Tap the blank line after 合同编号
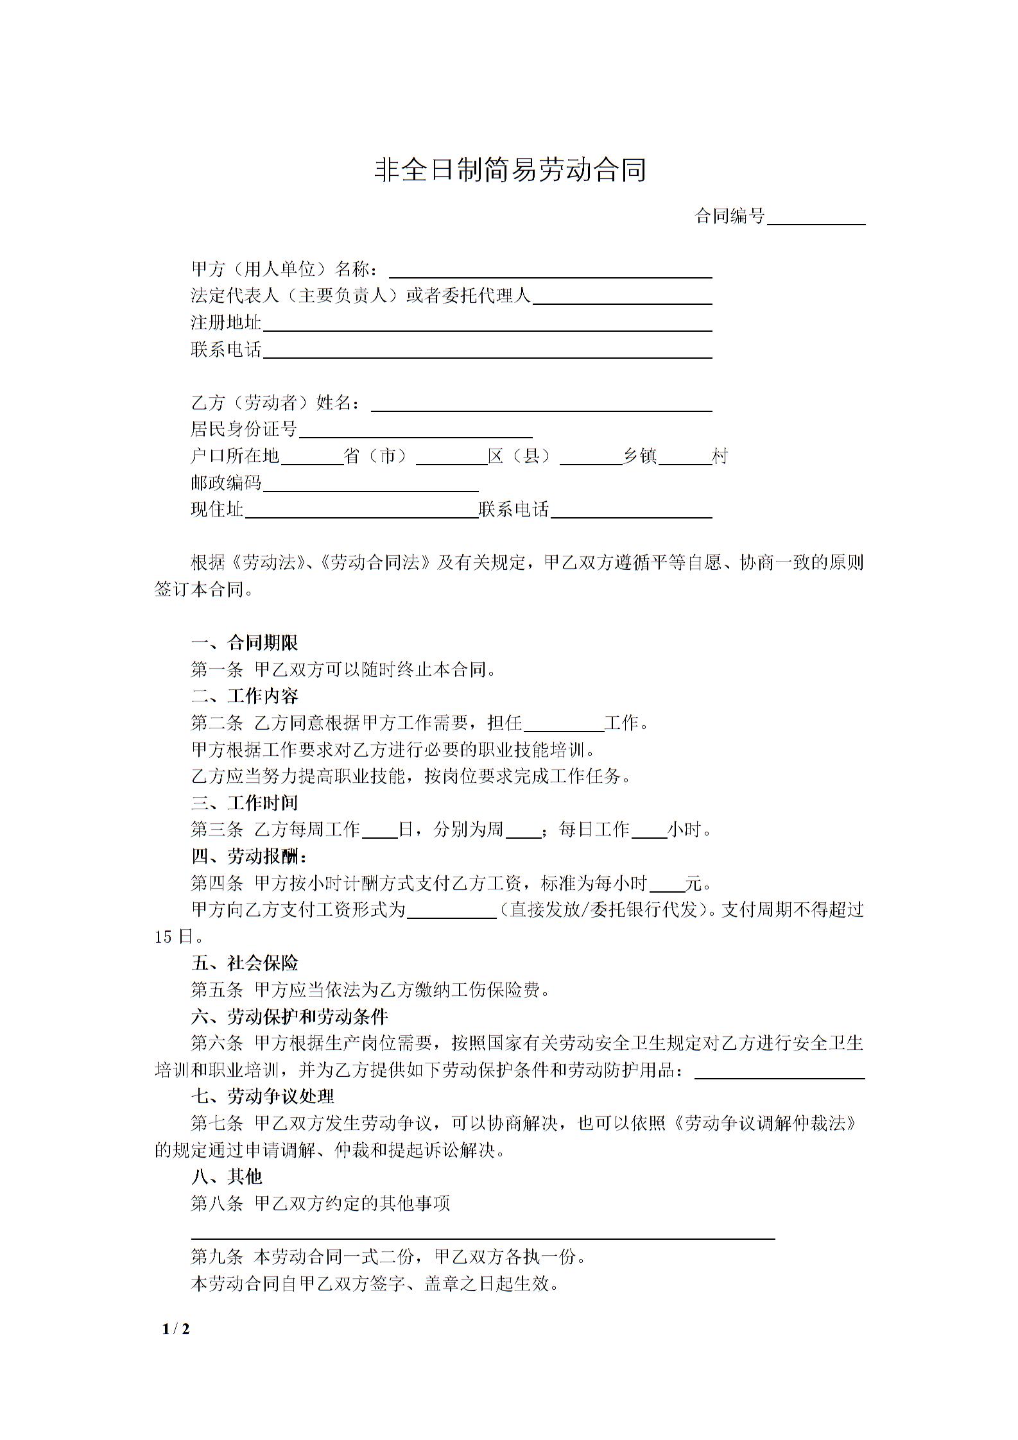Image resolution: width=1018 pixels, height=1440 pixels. pyautogui.click(x=816, y=218)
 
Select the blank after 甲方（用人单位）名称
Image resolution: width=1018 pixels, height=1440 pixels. pyautogui.click(x=551, y=271)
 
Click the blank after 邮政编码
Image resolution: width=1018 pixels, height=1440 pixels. pyautogui.click(x=371, y=484)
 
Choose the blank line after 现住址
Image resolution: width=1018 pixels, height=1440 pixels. pyautogui.click(x=362, y=511)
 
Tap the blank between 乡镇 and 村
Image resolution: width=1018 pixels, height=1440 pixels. pyautogui.click(x=685, y=458)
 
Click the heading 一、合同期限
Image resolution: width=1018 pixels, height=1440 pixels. pyautogui.click(x=245, y=643)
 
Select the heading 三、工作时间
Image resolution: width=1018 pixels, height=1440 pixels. pyautogui.click(x=245, y=803)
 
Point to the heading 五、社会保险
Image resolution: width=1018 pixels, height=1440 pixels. pyautogui.click(x=245, y=963)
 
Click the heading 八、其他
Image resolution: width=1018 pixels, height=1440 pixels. pyautogui.click(x=227, y=1176)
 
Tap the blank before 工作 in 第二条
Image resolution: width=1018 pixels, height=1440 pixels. pyautogui.click(x=564, y=724)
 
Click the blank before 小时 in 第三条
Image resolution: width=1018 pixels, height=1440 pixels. pyautogui.click(x=650, y=831)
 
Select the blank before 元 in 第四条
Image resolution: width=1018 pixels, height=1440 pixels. pyautogui.click(x=668, y=884)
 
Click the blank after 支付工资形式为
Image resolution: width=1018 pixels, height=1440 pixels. pyautogui.click(x=452, y=911)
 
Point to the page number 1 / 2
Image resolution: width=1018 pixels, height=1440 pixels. pyautogui.click(x=176, y=1329)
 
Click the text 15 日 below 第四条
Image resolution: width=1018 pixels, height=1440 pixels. pyautogui.click(x=174, y=937)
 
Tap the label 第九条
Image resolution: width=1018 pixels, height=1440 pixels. pyautogui.click(x=217, y=1256)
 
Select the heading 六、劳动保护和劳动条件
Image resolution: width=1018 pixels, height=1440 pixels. pyautogui.click(x=289, y=1016)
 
